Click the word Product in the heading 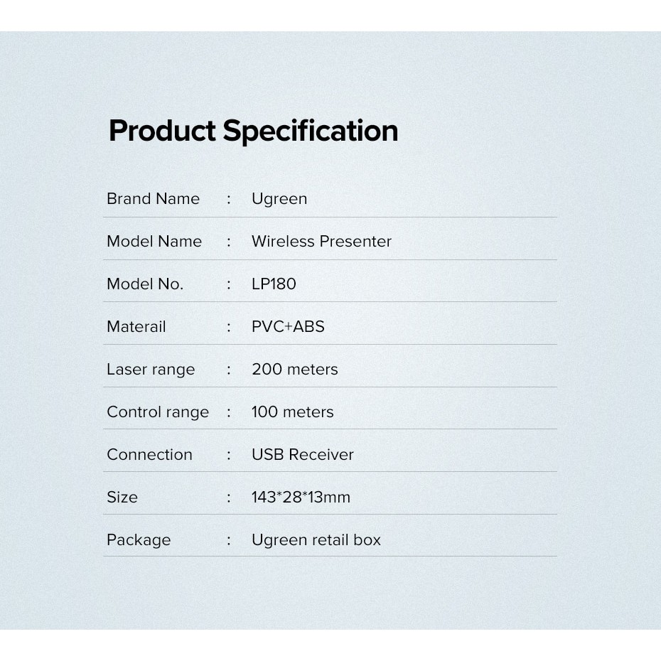pyautogui.click(x=162, y=131)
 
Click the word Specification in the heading pyautogui.click(x=311, y=131)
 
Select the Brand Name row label pyautogui.click(x=153, y=198)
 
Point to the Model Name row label pyautogui.click(x=154, y=241)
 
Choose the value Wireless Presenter pyautogui.click(x=322, y=241)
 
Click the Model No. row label pyautogui.click(x=145, y=284)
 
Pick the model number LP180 pyautogui.click(x=274, y=284)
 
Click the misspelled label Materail pyautogui.click(x=136, y=326)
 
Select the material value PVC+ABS pyautogui.click(x=288, y=326)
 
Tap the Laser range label pyautogui.click(x=151, y=370)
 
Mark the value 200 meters pyautogui.click(x=295, y=369)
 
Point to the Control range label pyautogui.click(x=158, y=412)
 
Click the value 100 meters pyautogui.click(x=293, y=412)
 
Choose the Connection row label pyautogui.click(x=150, y=454)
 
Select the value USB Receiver pyautogui.click(x=303, y=454)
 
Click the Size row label pyautogui.click(x=122, y=497)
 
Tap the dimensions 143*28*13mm pyautogui.click(x=301, y=497)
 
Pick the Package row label pyautogui.click(x=139, y=540)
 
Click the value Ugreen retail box pyautogui.click(x=316, y=540)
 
